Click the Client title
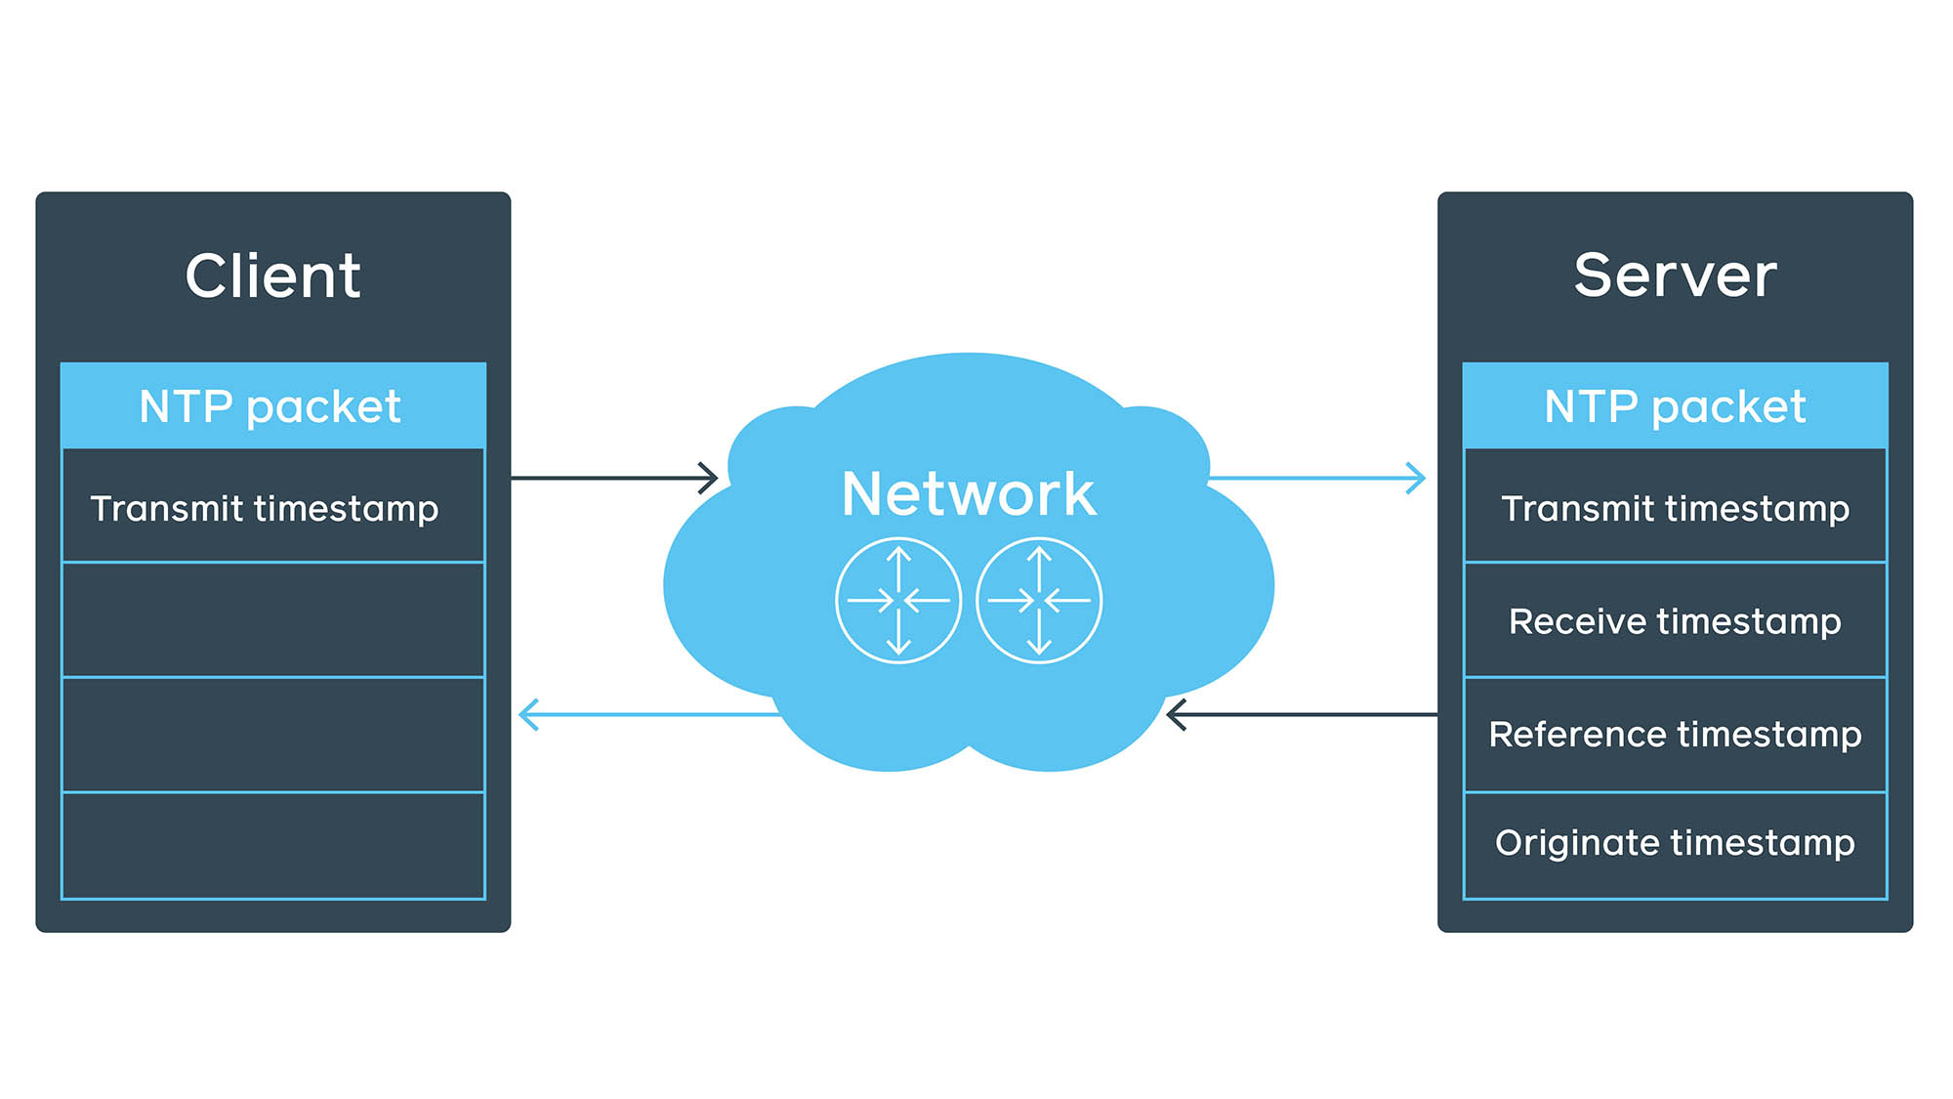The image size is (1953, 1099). (272, 275)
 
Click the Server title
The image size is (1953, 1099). (1675, 275)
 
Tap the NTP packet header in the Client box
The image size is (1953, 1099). (272, 406)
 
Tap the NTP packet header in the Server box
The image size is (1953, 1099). (1675, 406)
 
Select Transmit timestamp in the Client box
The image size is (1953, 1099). (265, 508)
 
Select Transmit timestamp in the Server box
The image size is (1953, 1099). (1675, 508)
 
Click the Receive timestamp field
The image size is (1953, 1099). (1675, 621)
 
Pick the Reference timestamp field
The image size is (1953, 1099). (1675, 735)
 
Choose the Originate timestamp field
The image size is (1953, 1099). (1675, 843)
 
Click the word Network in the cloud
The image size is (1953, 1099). (968, 493)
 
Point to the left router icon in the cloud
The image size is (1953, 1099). (898, 600)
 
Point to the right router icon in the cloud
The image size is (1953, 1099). (1039, 600)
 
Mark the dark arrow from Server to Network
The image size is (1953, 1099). (1303, 715)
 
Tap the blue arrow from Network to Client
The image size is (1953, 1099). (648, 715)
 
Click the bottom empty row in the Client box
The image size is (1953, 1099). (272, 846)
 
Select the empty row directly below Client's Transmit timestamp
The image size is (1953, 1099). (272, 619)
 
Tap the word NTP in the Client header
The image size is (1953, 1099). (186, 406)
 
